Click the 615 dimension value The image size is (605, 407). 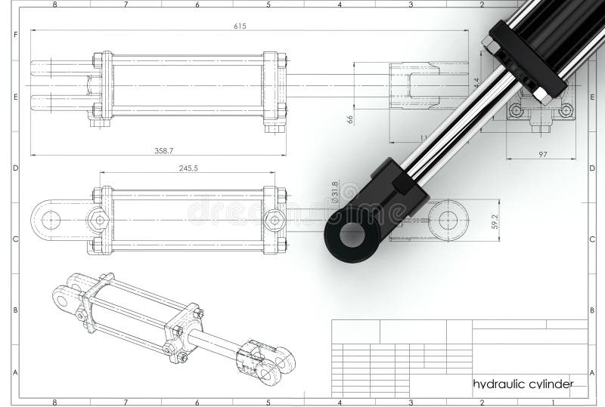tap(240, 26)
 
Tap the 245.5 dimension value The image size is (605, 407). tap(188, 168)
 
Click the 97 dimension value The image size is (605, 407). tap(542, 154)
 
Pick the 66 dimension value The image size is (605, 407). tap(350, 119)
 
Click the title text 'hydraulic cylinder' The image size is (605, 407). tap(522, 384)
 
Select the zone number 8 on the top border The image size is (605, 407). tap(55, 5)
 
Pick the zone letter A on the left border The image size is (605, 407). tap(15, 372)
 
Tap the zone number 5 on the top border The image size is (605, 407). tap(268, 5)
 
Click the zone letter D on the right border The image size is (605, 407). tap(590, 168)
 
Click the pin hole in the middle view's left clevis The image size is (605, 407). tap(51, 220)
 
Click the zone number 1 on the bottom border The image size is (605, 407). tap(552, 402)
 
